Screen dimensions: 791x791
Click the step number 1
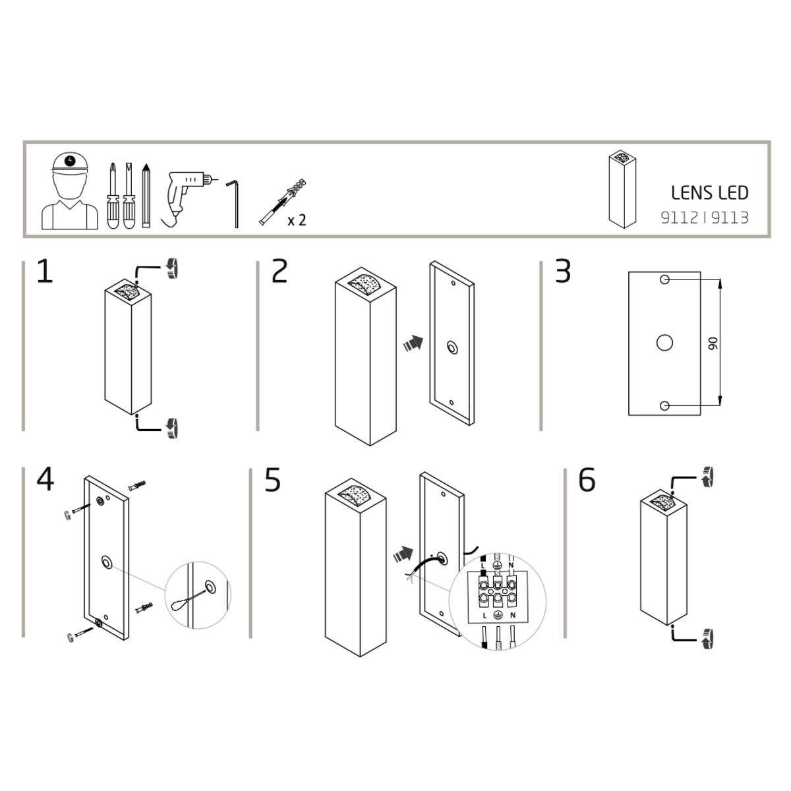[x=45, y=272]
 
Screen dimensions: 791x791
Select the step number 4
[x=45, y=479]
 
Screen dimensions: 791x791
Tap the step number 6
[x=587, y=480]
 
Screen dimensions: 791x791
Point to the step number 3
[x=563, y=272]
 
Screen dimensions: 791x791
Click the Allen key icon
[x=233, y=203]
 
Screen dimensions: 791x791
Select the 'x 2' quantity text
[x=297, y=220]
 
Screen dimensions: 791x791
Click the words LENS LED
[x=710, y=192]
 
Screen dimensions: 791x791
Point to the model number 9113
[x=730, y=218]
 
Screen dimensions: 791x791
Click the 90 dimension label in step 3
[x=713, y=343]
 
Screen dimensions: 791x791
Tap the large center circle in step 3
[x=664, y=343]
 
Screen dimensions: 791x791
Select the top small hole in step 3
[x=664, y=280]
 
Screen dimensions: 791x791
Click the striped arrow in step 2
[x=413, y=343]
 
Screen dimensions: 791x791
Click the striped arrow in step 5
[x=403, y=554]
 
